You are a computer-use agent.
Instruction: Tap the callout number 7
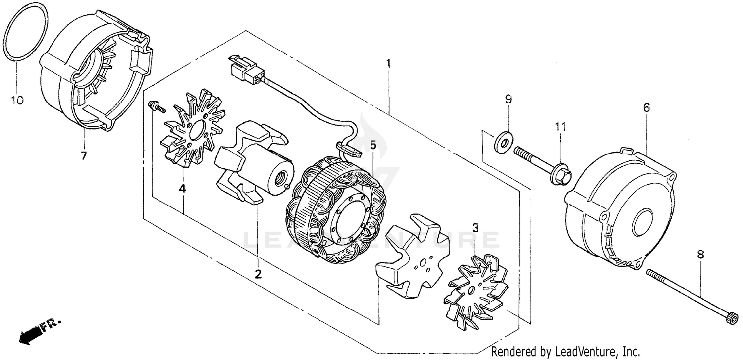(x=83, y=156)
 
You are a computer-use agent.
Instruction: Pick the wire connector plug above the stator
(x=245, y=70)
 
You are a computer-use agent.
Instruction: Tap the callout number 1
(x=389, y=64)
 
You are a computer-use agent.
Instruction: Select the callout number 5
(x=372, y=145)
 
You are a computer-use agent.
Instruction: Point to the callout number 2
(x=258, y=274)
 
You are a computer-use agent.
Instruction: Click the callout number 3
(x=475, y=228)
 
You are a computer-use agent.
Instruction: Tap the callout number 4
(x=183, y=188)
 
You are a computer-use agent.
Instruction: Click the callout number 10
(x=17, y=101)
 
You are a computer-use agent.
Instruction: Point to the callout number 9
(x=508, y=99)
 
